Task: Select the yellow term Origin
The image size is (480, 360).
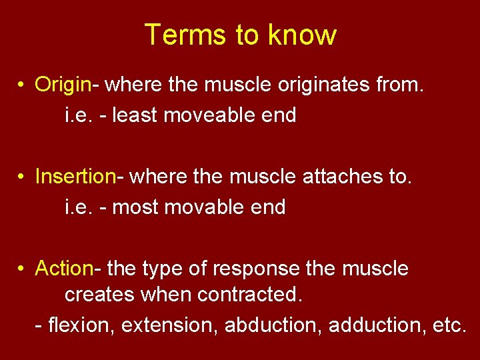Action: [x=63, y=85]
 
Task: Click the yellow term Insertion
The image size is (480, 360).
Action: [x=75, y=177]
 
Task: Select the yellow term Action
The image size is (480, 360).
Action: [x=64, y=269]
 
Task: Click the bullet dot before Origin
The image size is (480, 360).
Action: [x=22, y=85]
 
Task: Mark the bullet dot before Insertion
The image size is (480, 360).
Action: [x=22, y=177]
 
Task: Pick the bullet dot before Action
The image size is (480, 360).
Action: [x=22, y=269]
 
